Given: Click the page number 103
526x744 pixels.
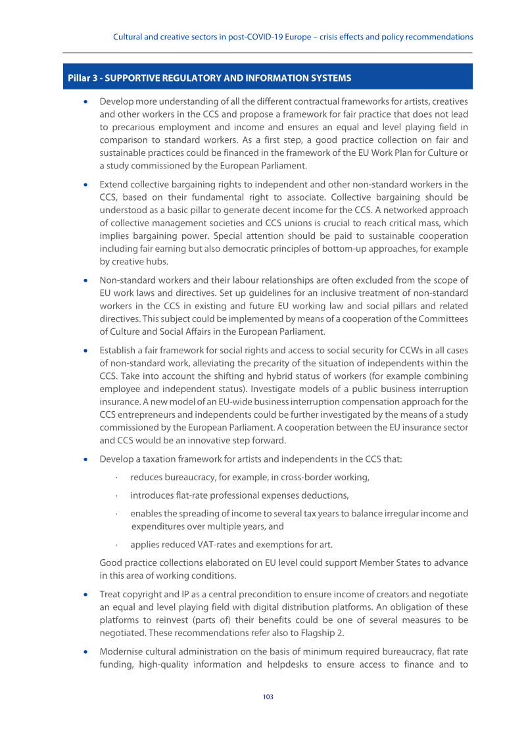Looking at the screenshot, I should click(x=268, y=697).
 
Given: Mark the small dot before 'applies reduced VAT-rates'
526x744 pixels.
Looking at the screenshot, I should click(x=116, y=544).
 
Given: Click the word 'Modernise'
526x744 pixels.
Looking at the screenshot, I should click(x=121, y=651).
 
